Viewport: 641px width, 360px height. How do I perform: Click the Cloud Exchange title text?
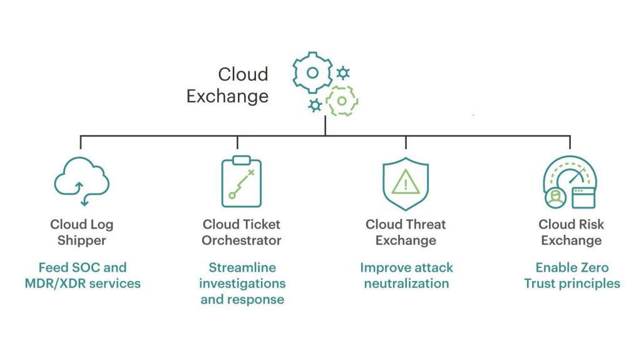click(x=227, y=85)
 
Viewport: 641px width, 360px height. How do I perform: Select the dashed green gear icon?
click(x=342, y=101)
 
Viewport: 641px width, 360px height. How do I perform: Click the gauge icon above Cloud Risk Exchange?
click(x=570, y=182)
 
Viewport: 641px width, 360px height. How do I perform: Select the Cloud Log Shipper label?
click(x=82, y=232)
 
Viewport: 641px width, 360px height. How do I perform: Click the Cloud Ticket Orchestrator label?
click(x=241, y=232)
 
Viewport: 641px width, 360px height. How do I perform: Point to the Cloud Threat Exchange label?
click(x=406, y=232)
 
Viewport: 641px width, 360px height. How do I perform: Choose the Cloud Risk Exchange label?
click(x=571, y=232)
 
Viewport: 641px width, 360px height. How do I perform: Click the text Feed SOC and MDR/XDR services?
click(x=83, y=275)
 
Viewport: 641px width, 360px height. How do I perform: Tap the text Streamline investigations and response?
click(x=242, y=284)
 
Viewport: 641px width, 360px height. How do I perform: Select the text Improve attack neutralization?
click(x=406, y=275)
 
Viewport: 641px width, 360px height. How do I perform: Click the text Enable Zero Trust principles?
click(x=572, y=275)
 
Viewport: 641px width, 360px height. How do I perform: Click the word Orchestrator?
click(x=241, y=240)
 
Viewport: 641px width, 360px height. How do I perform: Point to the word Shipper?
click(x=82, y=240)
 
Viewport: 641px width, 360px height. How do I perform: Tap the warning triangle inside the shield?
click(x=406, y=182)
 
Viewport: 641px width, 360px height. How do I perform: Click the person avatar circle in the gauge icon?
click(x=556, y=198)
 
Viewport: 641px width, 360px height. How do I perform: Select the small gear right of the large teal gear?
click(x=343, y=73)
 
